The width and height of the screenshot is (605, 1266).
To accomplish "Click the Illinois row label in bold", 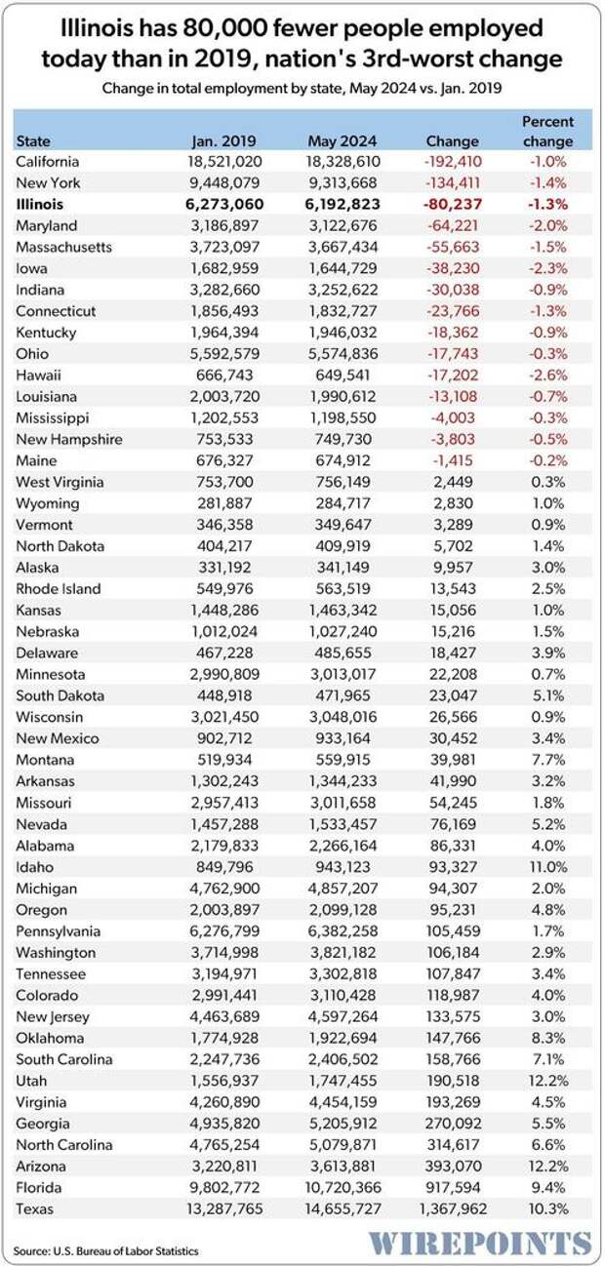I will click(40, 204).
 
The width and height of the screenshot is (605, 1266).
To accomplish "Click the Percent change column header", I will click(547, 131).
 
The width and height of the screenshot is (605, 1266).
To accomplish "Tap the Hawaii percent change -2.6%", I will click(548, 375).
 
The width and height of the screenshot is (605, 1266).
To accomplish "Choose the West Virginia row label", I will click(60, 482).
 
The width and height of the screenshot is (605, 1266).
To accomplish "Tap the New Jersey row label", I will click(51, 1016).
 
